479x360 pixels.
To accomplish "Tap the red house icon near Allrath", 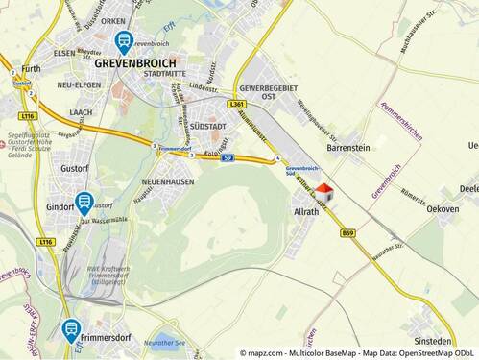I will (x=323, y=191).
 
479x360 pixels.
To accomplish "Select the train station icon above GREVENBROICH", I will (x=124, y=41).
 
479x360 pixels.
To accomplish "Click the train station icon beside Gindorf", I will (x=84, y=203).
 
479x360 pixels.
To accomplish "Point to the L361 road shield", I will (x=239, y=104).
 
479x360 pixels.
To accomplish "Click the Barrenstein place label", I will (x=347, y=149).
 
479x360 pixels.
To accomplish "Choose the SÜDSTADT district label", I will (x=207, y=126).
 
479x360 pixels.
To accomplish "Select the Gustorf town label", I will (x=60, y=168).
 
